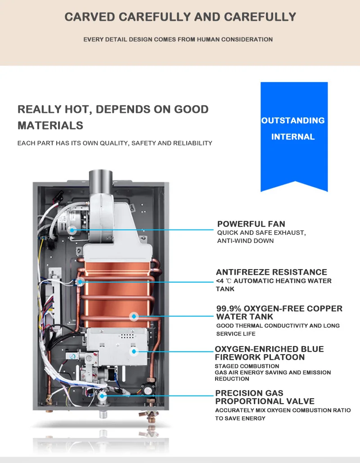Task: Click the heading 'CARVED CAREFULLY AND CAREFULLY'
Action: (180, 17)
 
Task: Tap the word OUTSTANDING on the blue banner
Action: (293, 121)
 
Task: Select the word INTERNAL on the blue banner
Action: (293, 137)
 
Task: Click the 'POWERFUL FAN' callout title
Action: (251, 224)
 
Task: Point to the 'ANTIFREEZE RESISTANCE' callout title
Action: (271, 272)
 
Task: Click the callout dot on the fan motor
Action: (72, 229)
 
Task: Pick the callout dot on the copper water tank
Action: (133, 316)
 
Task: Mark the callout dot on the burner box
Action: (133, 351)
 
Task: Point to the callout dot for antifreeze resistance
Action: (81, 282)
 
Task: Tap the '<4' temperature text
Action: (220, 281)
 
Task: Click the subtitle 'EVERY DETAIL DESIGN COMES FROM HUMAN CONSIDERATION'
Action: (178, 40)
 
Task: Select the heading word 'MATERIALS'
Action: (50, 126)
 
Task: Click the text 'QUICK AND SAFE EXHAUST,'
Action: (261, 233)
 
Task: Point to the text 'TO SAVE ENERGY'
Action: (240, 418)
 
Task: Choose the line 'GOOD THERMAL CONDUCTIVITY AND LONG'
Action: (278, 326)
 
